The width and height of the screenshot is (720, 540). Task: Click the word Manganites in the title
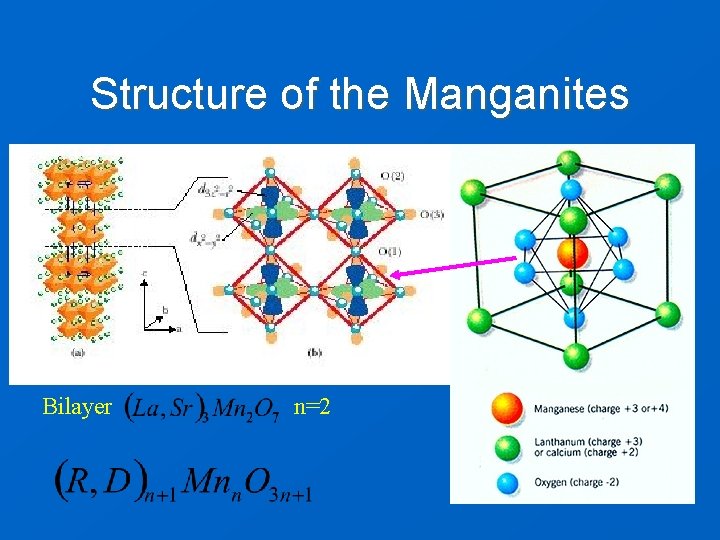516,95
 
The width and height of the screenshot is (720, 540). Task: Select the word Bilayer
77,407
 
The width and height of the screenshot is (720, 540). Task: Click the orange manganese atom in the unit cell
572,253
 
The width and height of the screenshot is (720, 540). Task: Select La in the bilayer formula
149,409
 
